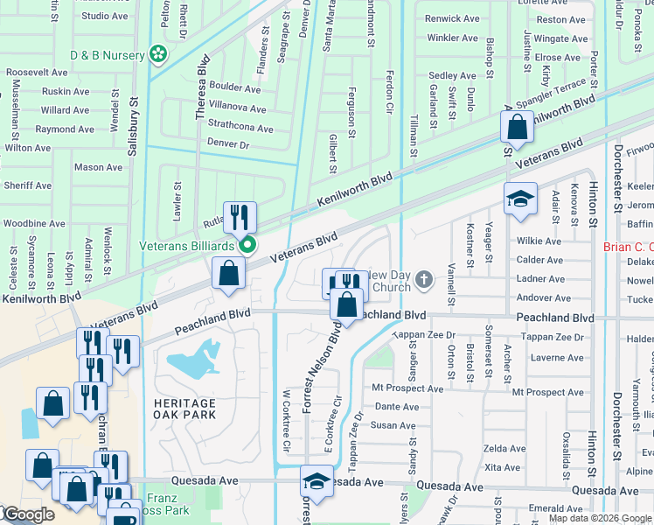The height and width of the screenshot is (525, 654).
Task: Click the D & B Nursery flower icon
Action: pyautogui.click(x=158, y=55)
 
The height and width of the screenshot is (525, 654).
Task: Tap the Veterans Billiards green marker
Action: pyautogui.click(x=248, y=245)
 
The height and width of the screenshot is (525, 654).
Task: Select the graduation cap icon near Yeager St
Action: pyautogui.click(x=520, y=198)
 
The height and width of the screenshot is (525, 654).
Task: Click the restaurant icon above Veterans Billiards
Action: pyautogui.click(x=239, y=216)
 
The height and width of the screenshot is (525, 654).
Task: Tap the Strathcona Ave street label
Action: pyautogui.click(x=240, y=129)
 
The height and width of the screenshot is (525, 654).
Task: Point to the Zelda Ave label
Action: pyautogui.click(x=505, y=448)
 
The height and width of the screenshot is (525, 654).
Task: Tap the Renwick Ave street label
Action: pyautogui.click(x=451, y=18)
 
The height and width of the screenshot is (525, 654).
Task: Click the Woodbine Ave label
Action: pyautogui.click(x=34, y=223)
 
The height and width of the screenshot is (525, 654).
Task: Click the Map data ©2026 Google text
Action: pyautogui.click(x=599, y=518)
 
